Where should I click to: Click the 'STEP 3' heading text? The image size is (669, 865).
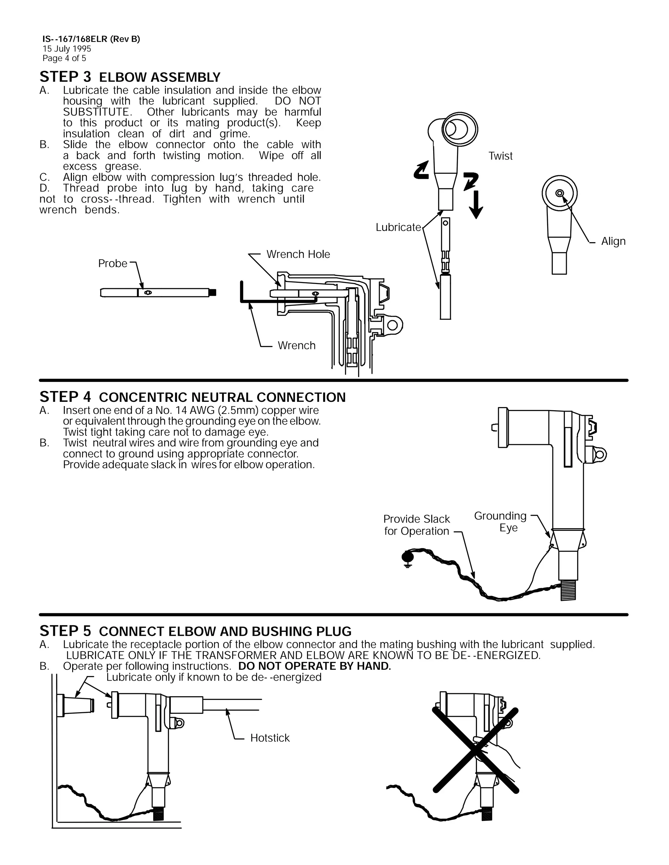(x=65, y=76)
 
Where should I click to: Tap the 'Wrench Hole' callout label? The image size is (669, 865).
(x=298, y=254)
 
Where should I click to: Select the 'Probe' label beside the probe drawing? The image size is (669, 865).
(x=113, y=263)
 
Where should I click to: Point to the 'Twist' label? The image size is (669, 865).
(x=500, y=156)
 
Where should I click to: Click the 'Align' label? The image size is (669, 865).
(x=613, y=241)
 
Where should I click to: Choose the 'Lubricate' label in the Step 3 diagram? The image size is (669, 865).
(x=398, y=227)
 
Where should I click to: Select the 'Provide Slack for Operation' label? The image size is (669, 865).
(x=416, y=525)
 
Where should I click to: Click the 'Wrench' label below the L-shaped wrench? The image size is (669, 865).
(x=297, y=345)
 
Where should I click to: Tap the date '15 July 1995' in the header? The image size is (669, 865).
(x=67, y=49)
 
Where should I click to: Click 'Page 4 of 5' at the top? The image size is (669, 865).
(x=64, y=58)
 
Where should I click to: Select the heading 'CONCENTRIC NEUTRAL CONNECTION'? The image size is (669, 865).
(x=222, y=397)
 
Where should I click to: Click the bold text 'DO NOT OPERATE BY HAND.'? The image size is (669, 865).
(x=314, y=666)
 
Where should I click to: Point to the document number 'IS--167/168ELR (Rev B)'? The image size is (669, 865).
(x=91, y=39)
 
